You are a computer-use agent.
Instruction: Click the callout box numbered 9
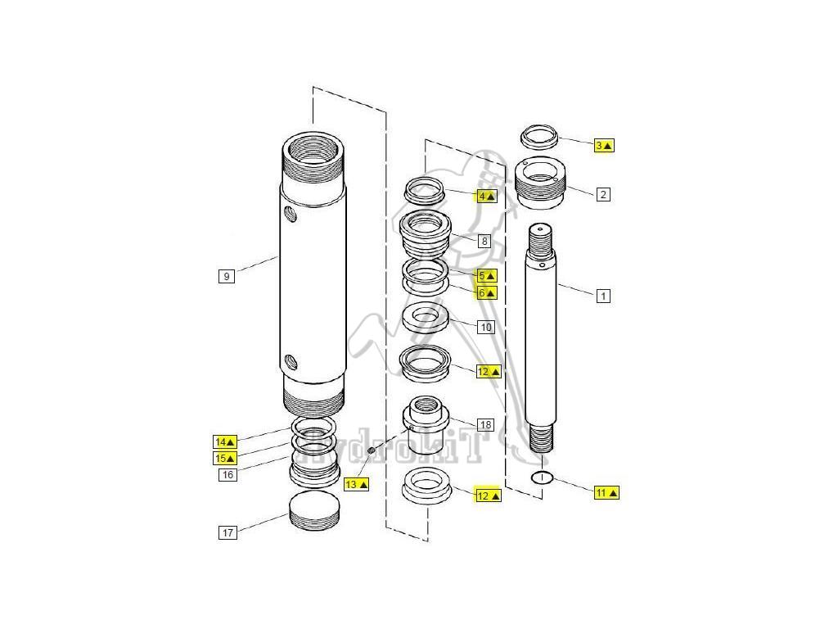(227, 276)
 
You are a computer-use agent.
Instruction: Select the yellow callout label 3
(604, 145)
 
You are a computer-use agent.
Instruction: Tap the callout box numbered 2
(603, 194)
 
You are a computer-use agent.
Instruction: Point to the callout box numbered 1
(603, 296)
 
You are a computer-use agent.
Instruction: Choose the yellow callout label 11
(606, 492)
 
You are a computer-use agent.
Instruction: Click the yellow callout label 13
(356, 484)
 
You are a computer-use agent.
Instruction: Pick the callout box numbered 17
(228, 533)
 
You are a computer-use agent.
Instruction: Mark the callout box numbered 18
(485, 424)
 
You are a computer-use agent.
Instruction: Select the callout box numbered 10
(485, 327)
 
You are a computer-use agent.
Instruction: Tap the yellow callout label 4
(487, 196)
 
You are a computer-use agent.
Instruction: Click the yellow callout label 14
(225, 441)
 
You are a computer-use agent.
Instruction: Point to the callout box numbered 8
(484, 241)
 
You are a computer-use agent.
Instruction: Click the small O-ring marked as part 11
(542, 478)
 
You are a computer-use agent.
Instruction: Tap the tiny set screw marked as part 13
(371, 450)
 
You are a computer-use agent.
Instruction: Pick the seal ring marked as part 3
(539, 135)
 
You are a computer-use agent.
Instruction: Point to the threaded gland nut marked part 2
(540, 185)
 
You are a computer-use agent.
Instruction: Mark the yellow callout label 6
(487, 292)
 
